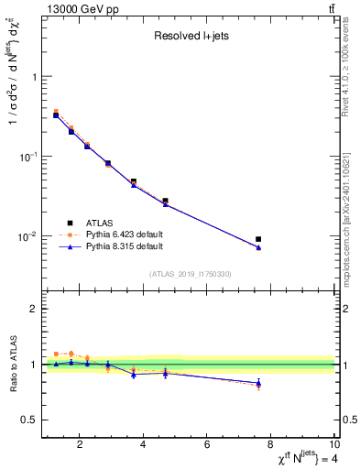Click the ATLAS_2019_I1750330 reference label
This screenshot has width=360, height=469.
190,274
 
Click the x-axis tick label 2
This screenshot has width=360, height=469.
81,446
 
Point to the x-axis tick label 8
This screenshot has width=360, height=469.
271,446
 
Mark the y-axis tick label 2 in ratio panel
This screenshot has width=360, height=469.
34,310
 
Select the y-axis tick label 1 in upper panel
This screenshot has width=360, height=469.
34,77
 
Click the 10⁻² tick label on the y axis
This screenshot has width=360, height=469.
27,236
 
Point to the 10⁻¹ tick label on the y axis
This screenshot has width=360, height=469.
27,157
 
